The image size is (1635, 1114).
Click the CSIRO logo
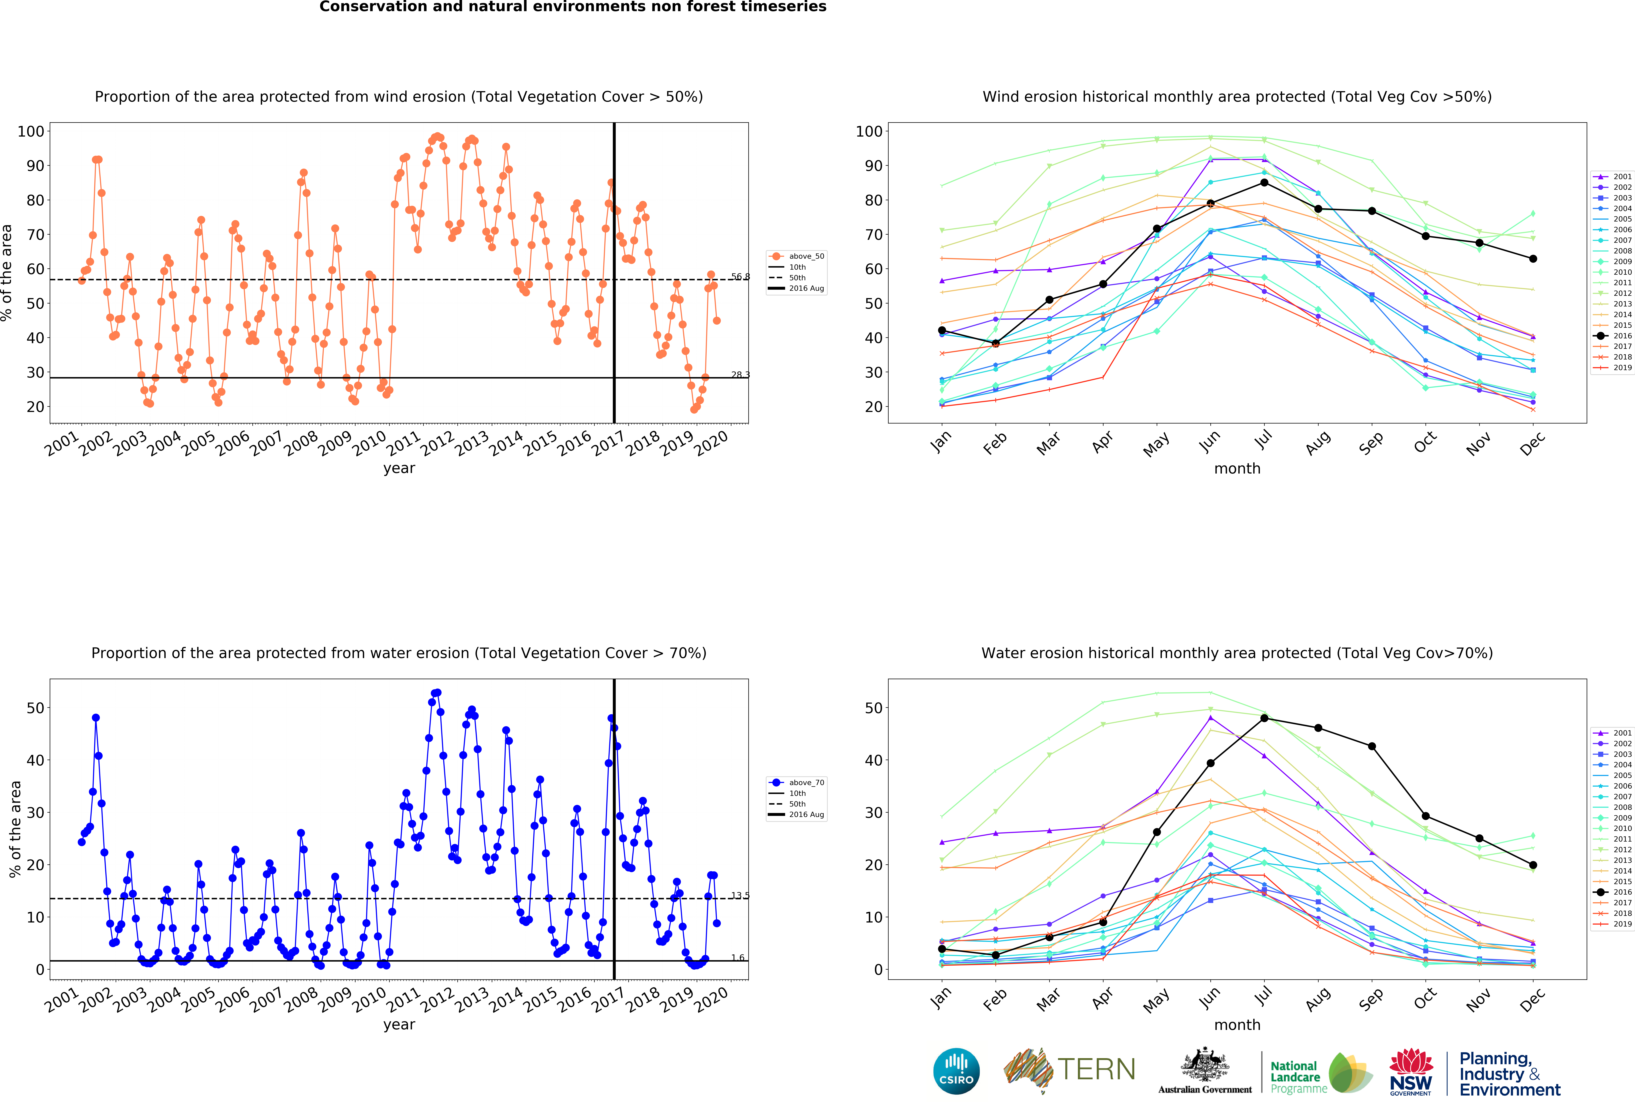click(956, 1071)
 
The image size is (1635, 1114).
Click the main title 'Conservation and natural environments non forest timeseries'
click(573, 7)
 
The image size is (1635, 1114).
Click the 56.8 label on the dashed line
click(740, 276)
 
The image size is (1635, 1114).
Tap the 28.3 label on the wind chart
click(740, 374)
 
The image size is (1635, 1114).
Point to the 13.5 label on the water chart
click(740, 895)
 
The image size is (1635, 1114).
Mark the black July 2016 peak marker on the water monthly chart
click(1264, 718)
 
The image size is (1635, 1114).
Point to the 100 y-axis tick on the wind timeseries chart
click(31, 132)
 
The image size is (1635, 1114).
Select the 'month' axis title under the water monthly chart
click(1237, 1025)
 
